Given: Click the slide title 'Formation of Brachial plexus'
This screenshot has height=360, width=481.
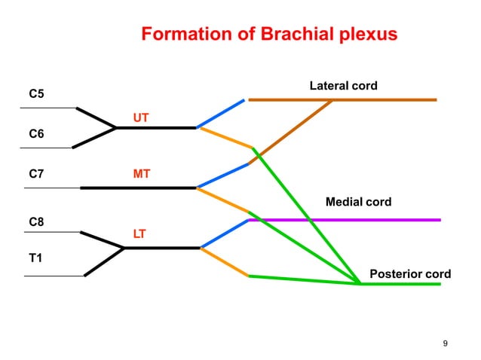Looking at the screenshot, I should (269, 35).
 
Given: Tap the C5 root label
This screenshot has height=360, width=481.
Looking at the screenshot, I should (36, 94).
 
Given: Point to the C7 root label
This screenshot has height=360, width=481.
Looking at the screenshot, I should (36, 174).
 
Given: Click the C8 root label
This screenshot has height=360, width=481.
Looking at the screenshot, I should (36, 221).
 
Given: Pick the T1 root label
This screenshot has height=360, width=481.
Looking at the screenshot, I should (35, 258).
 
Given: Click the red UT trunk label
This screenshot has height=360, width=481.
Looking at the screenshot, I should (141, 117).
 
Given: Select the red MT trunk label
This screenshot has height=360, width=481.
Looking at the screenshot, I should (141, 174).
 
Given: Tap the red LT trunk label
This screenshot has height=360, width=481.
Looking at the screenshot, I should (139, 233).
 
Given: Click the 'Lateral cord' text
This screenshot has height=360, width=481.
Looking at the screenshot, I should (343, 86).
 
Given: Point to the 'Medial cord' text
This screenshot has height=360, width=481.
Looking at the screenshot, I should (358, 202).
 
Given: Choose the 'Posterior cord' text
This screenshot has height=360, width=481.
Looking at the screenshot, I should (409, 273).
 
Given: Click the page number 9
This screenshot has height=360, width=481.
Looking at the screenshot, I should (445, 344).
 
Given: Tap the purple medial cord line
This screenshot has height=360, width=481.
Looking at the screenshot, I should (377, 220).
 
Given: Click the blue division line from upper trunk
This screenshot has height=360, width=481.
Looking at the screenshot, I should (221, 113).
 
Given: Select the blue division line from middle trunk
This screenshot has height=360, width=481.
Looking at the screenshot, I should (222, 175).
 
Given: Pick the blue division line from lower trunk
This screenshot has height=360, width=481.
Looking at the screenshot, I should (224, 233).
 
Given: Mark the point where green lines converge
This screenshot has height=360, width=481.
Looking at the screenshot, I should (360, 283).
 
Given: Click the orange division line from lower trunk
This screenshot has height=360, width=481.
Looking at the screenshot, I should (225, 262).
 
